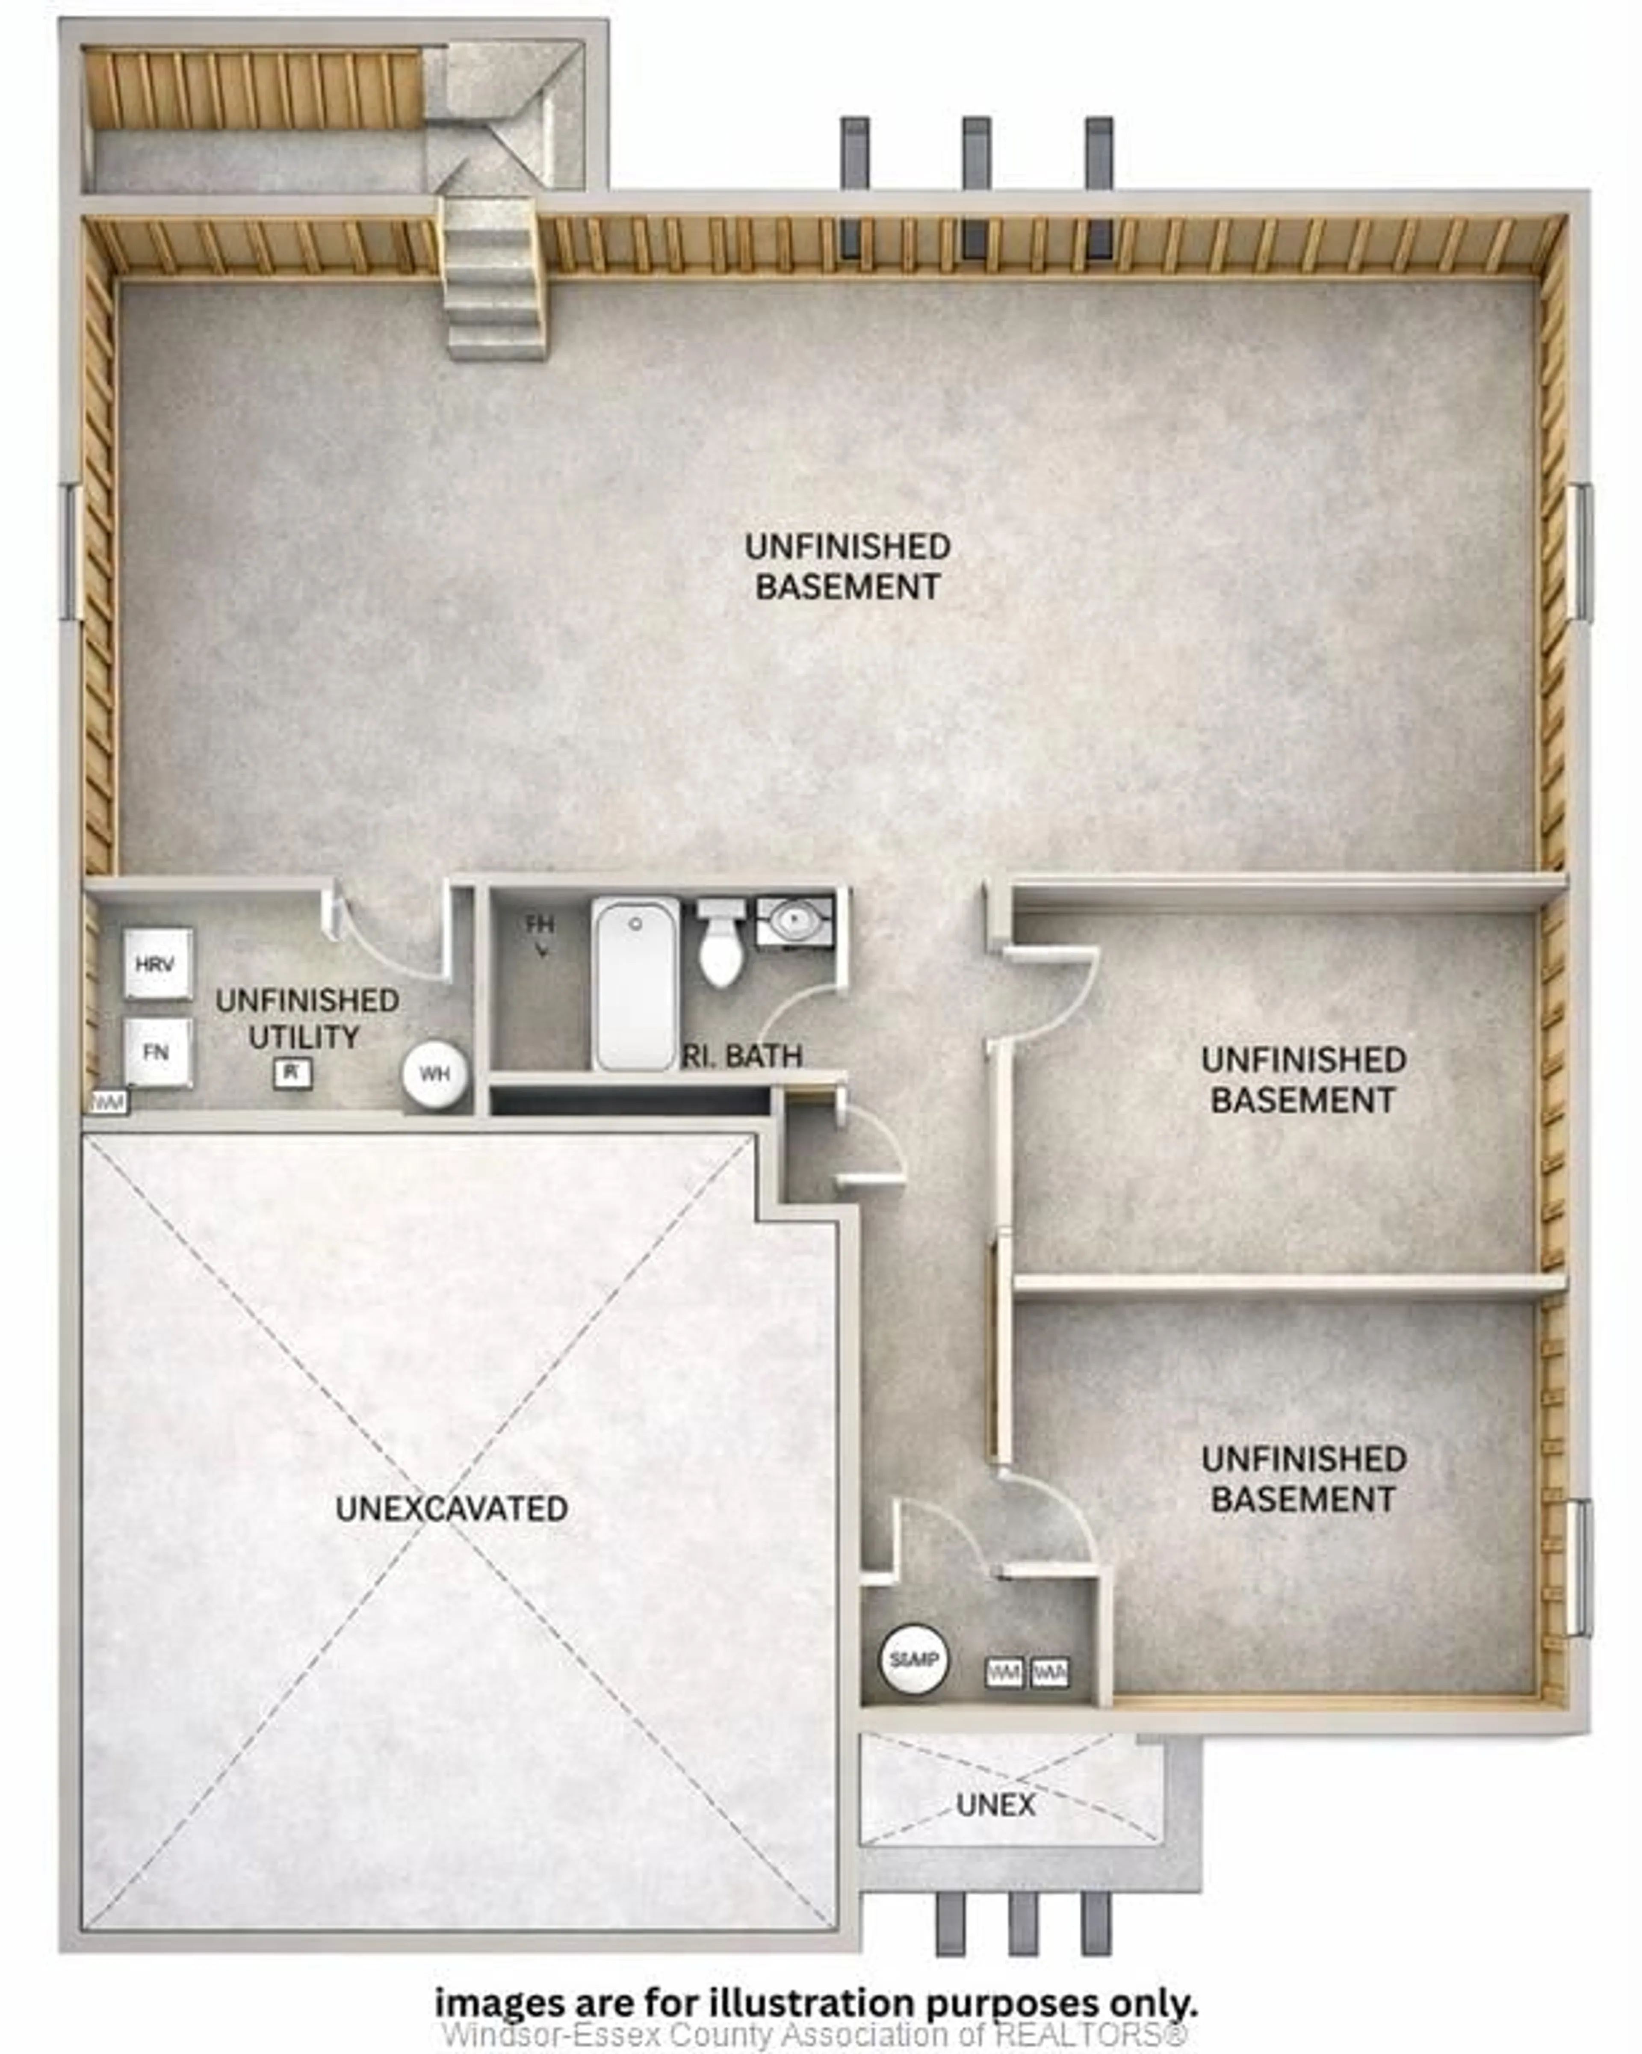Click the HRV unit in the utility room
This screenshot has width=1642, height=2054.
[157, 964]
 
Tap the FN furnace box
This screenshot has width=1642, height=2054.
[157, 1052]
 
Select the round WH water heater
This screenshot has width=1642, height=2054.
[434, 1074]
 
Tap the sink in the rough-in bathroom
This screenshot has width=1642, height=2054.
[793, 920]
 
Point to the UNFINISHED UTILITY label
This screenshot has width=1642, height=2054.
[307, 1018]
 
